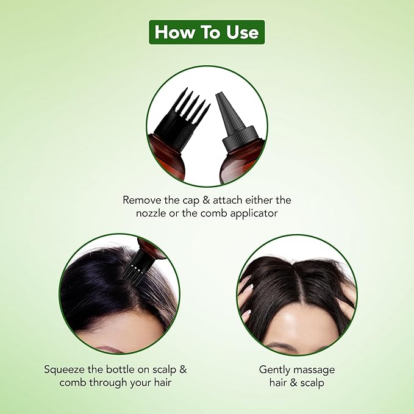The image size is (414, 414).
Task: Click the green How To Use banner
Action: pos(207,32)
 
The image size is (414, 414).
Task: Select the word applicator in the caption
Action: pos(254,213)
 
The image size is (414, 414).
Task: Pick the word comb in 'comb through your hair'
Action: pos(73,382)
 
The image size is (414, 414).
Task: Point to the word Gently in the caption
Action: pos(274,370)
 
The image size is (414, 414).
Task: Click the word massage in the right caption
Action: pos(313,370)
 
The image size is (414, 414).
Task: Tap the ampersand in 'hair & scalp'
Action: pos(293,383)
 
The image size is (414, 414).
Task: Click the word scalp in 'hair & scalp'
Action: pos(312,383)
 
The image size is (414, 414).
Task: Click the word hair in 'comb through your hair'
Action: pos(162,382)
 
